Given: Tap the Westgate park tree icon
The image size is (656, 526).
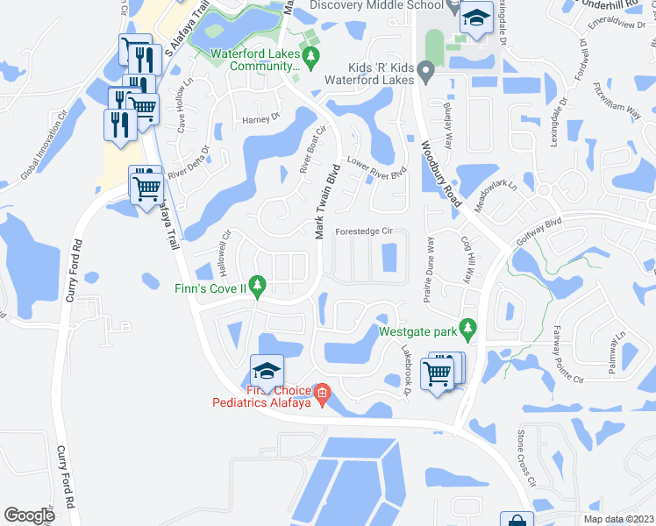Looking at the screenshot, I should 468,328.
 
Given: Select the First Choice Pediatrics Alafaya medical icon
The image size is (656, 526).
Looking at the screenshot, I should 322,394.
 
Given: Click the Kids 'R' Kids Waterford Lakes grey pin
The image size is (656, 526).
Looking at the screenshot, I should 426,70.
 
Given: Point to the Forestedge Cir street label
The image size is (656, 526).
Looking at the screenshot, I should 373,232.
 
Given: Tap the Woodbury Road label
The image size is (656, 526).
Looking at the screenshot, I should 441,174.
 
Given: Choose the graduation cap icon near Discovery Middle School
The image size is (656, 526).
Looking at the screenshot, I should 474,18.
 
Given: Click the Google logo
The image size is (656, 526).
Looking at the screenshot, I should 29,515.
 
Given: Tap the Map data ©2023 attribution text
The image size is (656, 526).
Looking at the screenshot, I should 618,519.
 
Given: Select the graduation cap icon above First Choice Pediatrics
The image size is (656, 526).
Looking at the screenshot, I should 267,368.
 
